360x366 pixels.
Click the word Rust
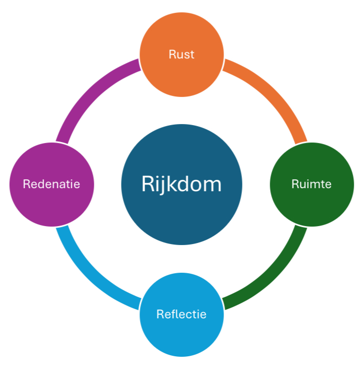[182, 54]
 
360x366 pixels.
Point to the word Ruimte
[311, 184]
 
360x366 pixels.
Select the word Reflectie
[182, 314]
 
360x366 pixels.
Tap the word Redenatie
[51, 184]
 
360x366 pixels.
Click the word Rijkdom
[182, 184]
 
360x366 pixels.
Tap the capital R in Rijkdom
[148, 184]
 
